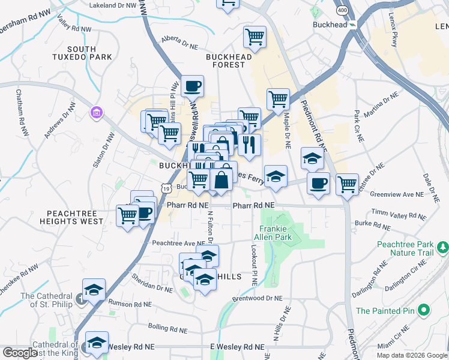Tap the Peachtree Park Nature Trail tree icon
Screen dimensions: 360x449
click(x=443, y=247)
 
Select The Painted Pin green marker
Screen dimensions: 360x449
click(x=424, y=311)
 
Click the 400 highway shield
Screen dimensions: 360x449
click(x=342, y=11)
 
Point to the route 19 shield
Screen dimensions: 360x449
click(x=165, y=188)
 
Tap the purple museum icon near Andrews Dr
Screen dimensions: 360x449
click(x=95, y=112)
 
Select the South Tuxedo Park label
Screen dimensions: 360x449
click(x=89, y=53)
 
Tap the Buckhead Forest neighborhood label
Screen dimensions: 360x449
click(x=228, y=61)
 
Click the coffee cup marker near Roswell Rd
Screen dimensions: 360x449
click(x=193, y=86)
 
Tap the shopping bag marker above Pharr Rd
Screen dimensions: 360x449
click(x=221, y=178)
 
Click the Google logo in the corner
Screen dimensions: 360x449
click(x=20, y=353)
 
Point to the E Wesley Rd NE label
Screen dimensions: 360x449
click(x=237, y=347)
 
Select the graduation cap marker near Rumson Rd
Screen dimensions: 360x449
click(x=94, y=290)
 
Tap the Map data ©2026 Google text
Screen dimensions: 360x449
click(x=412, y=355)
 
